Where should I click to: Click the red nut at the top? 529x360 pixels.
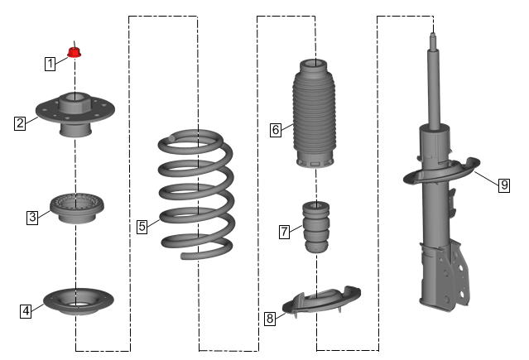pyautogui.click(x=75, y=52)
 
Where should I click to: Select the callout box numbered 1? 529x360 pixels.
pyautogui.click(x=50, y=64)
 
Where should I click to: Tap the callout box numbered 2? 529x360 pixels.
pyautogui.click(x=20, y=123)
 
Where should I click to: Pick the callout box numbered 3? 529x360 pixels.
pyautogui.click(x=32, y=217)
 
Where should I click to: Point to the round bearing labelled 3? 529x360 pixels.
pyautogui.click(x=77, y=208)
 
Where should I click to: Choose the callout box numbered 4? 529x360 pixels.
pyautogui.click(x=26, y=310)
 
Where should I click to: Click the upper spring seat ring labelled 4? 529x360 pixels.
pyautogui.click(x=79, y=301)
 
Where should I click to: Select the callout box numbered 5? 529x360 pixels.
pyautogui.click(x=142, y=227)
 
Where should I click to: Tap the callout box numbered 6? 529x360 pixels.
pyautogui.click(x=276, y=130)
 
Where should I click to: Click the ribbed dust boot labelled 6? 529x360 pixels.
pyautogui.click(x=314, y=113)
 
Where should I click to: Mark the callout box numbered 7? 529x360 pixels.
pyautogui.click(x=285, y=232)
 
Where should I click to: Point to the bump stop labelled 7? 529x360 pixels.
pyautogui.click(x=316, y=227)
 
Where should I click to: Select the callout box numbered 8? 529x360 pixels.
pyautogui.click(x=270, y=318)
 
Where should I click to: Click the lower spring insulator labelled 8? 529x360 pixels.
pyautogui.click(x=321, y=300)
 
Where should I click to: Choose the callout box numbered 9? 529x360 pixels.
pyautogui.click(x=504, y=185)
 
